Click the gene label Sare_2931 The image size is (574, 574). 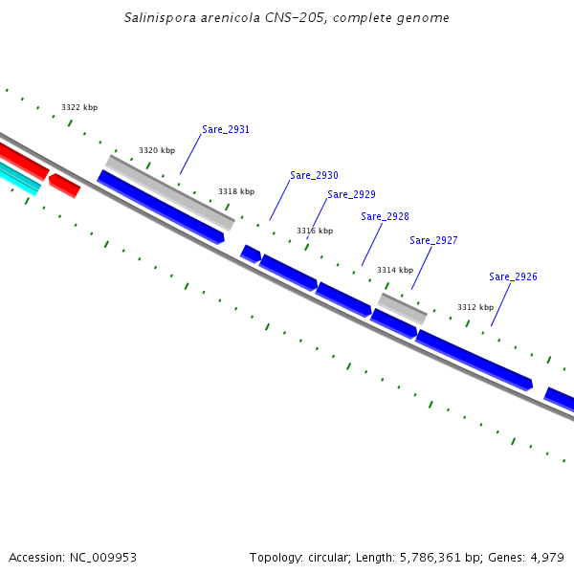226,129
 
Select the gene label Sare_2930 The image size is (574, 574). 314,175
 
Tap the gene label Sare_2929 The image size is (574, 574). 351,194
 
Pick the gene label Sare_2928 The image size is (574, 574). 385,216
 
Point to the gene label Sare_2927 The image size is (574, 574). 433,240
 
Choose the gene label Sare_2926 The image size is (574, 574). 513,276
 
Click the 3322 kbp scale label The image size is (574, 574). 79,107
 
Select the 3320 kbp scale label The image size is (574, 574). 157,150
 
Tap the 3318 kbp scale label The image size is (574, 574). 236,191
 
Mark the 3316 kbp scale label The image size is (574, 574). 315,231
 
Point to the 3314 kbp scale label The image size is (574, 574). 395,270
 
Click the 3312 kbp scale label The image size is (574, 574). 475,307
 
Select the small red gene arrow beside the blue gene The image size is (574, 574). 64,185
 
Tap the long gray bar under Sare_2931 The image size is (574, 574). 169,192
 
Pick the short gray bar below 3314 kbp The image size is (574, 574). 403,308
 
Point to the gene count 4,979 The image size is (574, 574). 546,557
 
